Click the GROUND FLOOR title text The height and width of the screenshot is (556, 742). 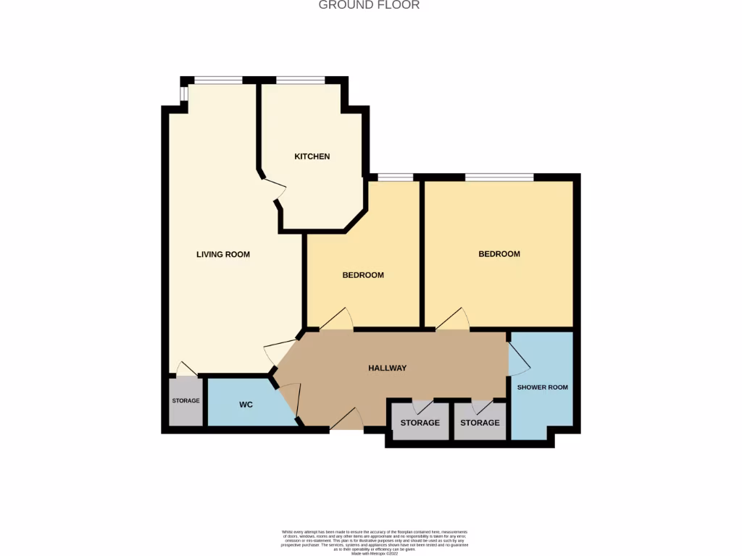[369, 5]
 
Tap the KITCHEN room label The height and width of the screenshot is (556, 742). [312, 156]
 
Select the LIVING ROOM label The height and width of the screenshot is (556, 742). [223, 254]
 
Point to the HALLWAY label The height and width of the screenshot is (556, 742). [387, 368]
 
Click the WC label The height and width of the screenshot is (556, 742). [246, 404]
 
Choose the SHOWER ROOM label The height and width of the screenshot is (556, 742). [542, 387]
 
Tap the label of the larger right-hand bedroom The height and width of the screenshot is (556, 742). [499, 254]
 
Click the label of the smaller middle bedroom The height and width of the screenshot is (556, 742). [363, 275]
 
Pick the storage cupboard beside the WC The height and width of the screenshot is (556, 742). [185, 401]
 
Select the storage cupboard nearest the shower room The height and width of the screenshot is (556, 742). [480, 422]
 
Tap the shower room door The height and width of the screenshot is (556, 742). [520, 357]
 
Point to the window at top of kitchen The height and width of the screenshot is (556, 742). [300, 80]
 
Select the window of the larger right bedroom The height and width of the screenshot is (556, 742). [499, 177]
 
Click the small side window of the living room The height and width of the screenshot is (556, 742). [183, 94]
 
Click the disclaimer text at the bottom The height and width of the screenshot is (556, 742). [375, 542]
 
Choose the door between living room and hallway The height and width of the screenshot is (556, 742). [279, 350]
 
